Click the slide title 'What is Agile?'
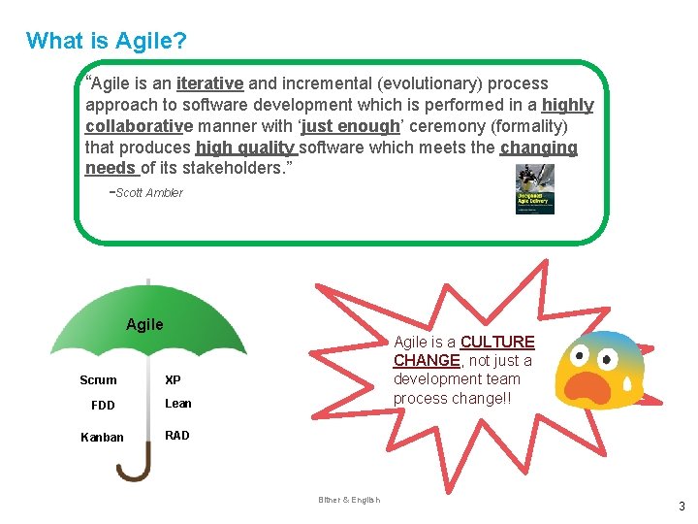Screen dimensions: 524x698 tap(107, 41)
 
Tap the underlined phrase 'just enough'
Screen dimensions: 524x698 tap(350, 127)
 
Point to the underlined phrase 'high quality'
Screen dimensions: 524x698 tap(245, 148)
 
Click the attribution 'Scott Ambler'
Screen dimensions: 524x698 tap(148, 193)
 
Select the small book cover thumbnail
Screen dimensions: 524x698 tap(535, 189)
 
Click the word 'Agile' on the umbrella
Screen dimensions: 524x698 tap(144, 324)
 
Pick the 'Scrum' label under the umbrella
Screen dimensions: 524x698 tap(98, 380)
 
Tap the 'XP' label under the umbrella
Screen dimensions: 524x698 tap(173, 380)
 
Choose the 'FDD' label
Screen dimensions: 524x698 tap(102, 405)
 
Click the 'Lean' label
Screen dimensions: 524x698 tap(178, 404)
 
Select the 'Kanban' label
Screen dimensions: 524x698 tap(102, 437)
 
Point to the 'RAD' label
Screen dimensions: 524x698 tap(177, 436)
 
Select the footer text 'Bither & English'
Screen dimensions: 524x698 tap(349, 500)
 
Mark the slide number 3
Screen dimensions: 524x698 tap(682, 506)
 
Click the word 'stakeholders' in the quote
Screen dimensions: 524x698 tap(228, 169)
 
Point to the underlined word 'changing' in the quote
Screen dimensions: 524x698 tap(538, 148)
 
